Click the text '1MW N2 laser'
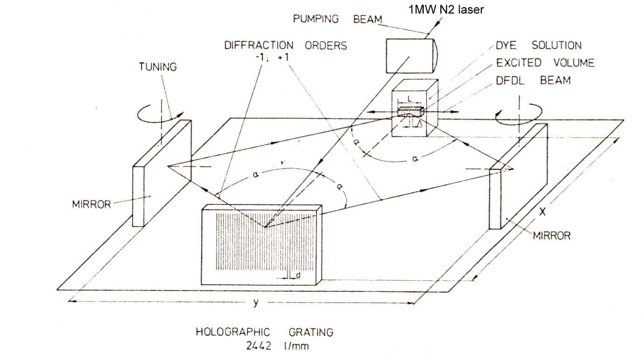point(446,9)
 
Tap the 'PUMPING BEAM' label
point(337,20)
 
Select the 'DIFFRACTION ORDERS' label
point(286,46)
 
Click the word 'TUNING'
point(158,67)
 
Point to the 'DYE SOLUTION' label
point(538,46)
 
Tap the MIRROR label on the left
point(91,204)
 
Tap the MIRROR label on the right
point(552,235)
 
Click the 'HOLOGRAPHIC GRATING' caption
point(264,332)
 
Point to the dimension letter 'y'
point(255,303)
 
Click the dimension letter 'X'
point(542,212)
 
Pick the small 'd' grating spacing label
point(298,276)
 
